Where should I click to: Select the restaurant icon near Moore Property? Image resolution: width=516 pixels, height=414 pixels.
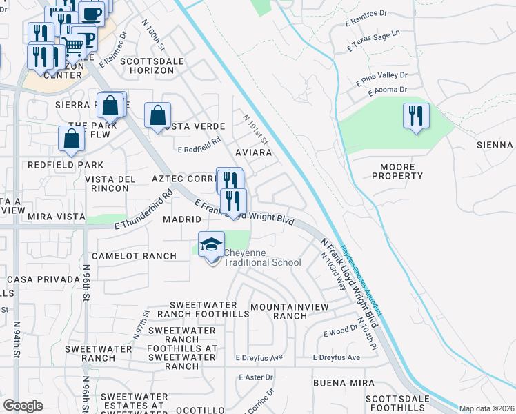click(x=416, y=115)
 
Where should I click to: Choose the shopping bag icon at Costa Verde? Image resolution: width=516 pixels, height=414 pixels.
click(x=158, y=115)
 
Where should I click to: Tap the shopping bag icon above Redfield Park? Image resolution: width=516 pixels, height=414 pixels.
click(x=72, y=138)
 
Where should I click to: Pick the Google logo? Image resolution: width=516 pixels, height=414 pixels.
click(x=23, y=406)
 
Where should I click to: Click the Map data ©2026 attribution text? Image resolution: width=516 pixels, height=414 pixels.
click(x=486, y=408)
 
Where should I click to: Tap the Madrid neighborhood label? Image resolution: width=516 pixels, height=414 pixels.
click(x=181, y=219)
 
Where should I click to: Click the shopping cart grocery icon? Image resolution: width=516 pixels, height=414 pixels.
click(x=74, y=46)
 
